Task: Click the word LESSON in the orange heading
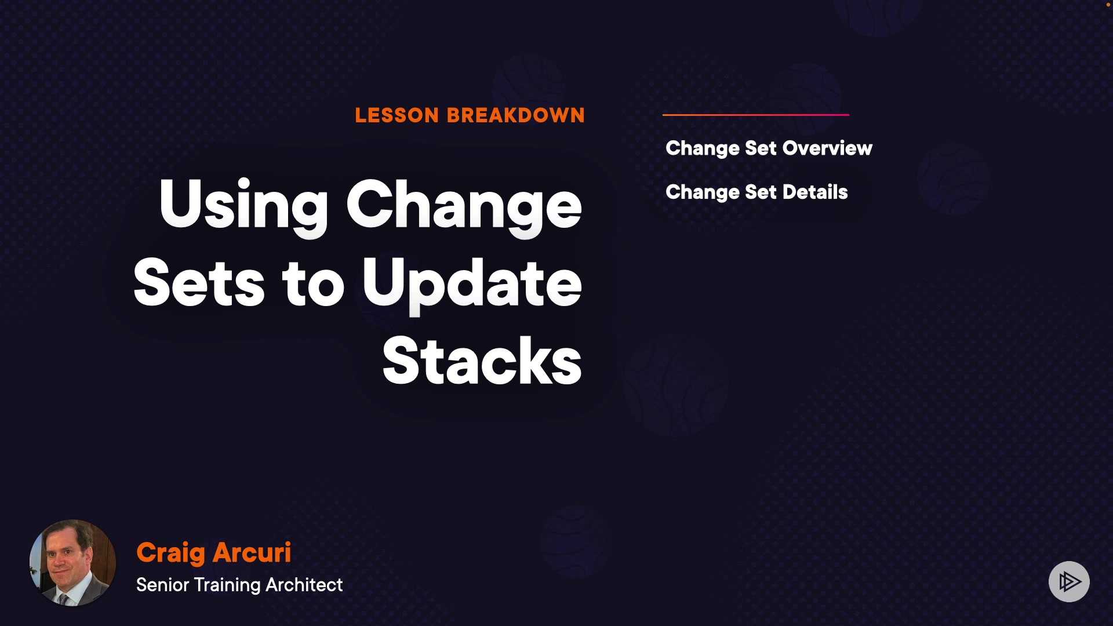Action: coord(397,115)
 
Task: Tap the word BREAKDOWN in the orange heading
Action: coord(516,115)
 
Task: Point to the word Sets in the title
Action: coord(199,282)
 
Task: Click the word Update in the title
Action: coord(472,285)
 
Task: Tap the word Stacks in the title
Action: coord(482,361)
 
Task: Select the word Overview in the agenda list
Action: coord(827,148)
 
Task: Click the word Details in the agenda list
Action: coord(815,192)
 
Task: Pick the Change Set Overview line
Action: coord(769,149)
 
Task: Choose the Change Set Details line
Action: coord(757,192)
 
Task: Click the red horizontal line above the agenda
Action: coord(756,115)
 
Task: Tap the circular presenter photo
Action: coord(72,563)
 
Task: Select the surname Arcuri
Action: coord(252,552)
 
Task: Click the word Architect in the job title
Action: coord(304,585)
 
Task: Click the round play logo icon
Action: coord(1070,581)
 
